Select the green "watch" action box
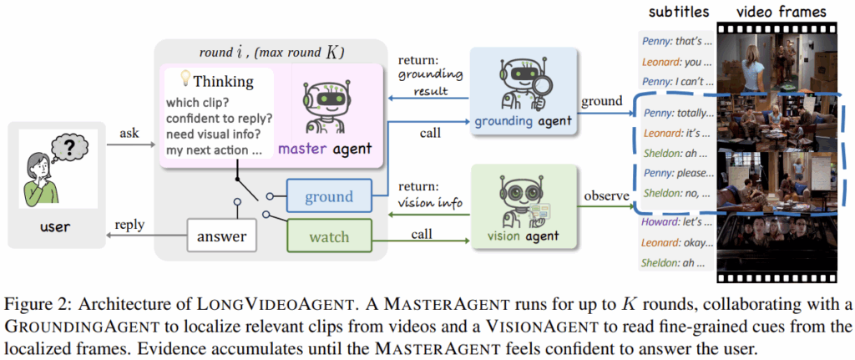329,237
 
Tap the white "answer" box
222,237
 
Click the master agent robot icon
333,105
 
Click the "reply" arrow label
125,226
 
